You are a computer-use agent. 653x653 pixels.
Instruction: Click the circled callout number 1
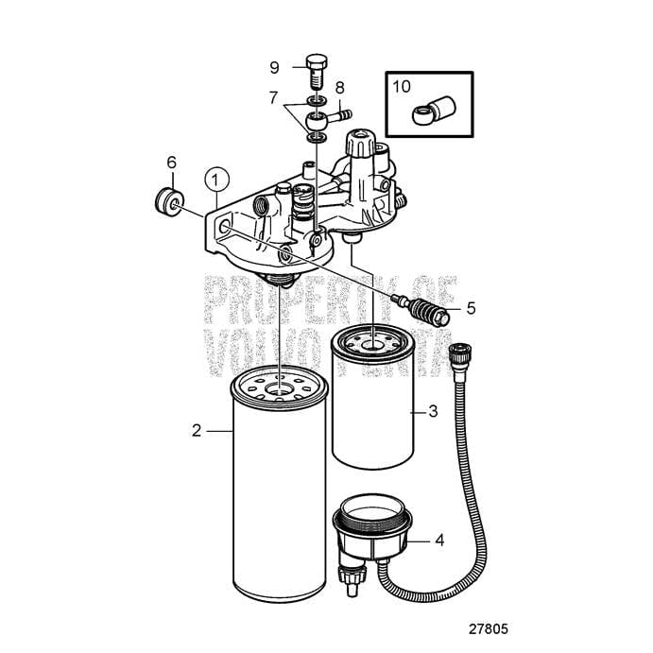(x=217, y=178)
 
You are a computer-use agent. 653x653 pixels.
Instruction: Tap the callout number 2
(x=197, y=430)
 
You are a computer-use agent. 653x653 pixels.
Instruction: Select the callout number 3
(x=434, y=411)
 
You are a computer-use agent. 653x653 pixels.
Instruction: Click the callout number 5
(x=470, y=308)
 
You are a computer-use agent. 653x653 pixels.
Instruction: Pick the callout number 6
(x=172, y=163)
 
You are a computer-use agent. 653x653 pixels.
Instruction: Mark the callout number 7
(x=274, y=97)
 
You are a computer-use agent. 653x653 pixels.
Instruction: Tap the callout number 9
(x=274, y=67)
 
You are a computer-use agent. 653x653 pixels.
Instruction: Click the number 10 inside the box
(x=402, y=87)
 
